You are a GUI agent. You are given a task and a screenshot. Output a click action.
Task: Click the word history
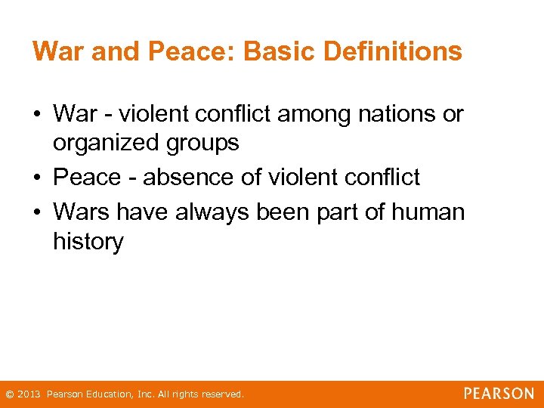tap(88, 242)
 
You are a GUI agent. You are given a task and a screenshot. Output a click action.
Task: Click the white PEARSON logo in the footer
tap(499, 394)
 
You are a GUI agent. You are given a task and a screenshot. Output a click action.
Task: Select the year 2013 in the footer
tap(29, 394)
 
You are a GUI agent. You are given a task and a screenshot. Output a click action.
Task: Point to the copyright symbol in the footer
tap(9, 394)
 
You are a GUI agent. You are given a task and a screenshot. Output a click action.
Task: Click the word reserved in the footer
tap(222, 394)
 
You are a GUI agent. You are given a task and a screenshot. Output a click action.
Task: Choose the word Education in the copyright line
tap(105, 394)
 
